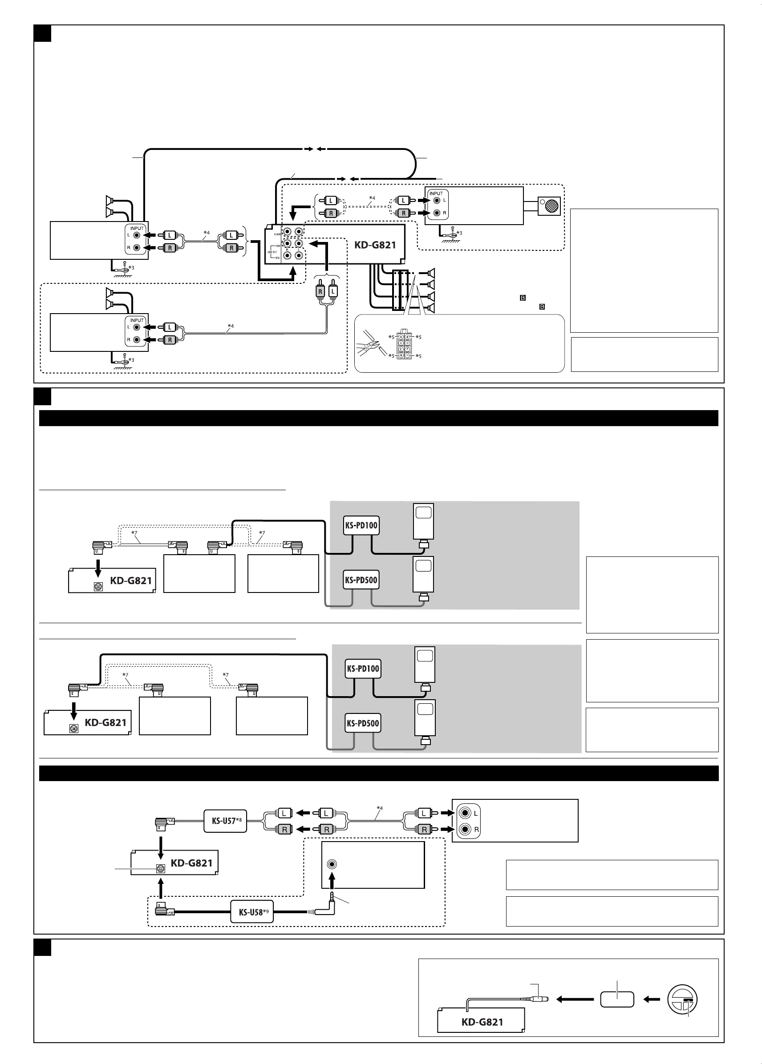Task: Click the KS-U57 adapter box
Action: coord(225,821)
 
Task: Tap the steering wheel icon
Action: coord(682,1000)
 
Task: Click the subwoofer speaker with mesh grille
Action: coord(550,206)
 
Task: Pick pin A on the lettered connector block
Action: coord(401,337)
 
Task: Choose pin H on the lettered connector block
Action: coord(408,356)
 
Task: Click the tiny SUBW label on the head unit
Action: coord(277,234)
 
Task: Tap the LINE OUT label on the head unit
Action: coord(272,252)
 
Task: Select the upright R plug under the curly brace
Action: coord(320,291)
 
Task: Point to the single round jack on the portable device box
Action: coord(332,864)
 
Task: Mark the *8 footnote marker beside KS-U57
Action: coord(239,820)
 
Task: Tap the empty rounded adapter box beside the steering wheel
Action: coord(617,1000)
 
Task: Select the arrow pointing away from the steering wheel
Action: coord(651,1000)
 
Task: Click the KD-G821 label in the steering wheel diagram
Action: coord(482,1022)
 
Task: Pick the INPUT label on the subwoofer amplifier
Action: coord(436,193)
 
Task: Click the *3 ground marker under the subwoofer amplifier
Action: coord(459,233)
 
